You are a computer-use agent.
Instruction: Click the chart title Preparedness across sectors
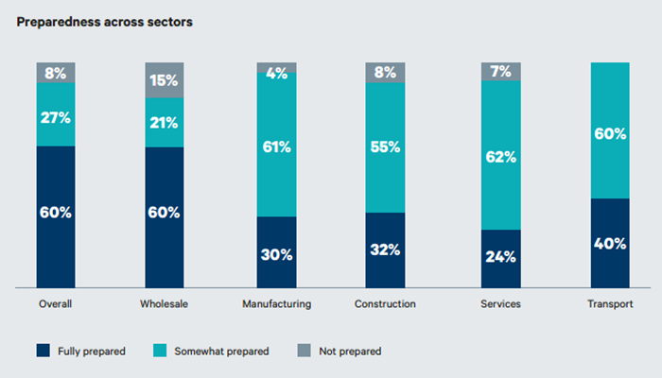click(x=105, y=22)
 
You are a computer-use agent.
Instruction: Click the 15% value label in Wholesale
click(x=164, y=81)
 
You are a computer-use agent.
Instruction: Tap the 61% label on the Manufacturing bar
click(x=277, y=146)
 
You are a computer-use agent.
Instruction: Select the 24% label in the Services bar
click(x=500, y=256)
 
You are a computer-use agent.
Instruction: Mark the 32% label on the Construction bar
click(x=386, y=249)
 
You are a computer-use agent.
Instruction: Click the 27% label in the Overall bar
click(x=56, y=118)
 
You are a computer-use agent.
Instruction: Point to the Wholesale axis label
click(x=164, y=304)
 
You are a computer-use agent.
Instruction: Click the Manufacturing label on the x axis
click(x=277, y=304)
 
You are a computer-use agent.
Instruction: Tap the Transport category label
click(x=610, y=304)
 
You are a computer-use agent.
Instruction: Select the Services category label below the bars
click(x=500, y=304)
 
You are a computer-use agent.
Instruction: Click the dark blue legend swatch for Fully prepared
click(x=43, y=351)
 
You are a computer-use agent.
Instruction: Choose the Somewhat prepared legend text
click(x=229, y=351)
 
